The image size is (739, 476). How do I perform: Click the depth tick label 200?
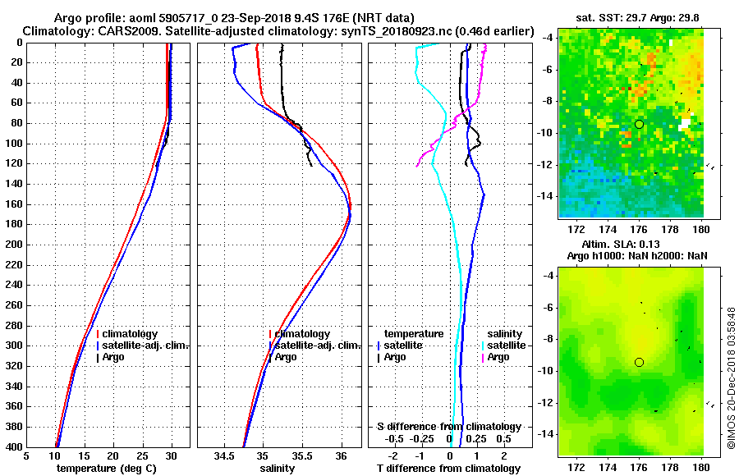click(x=12, y=245)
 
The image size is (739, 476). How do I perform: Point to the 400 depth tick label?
click(x=12, y=446)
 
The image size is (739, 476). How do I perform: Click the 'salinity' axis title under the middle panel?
click(x=278, y=468)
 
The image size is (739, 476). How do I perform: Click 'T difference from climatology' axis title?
click(x=448, y=468)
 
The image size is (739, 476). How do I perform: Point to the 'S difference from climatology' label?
click(x=448, y=427)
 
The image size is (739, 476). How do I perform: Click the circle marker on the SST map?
click(x=639, y=124)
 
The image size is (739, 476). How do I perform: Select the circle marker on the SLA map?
click(x=639, y=362)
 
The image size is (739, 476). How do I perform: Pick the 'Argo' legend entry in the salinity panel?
click(x=286, y=357)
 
